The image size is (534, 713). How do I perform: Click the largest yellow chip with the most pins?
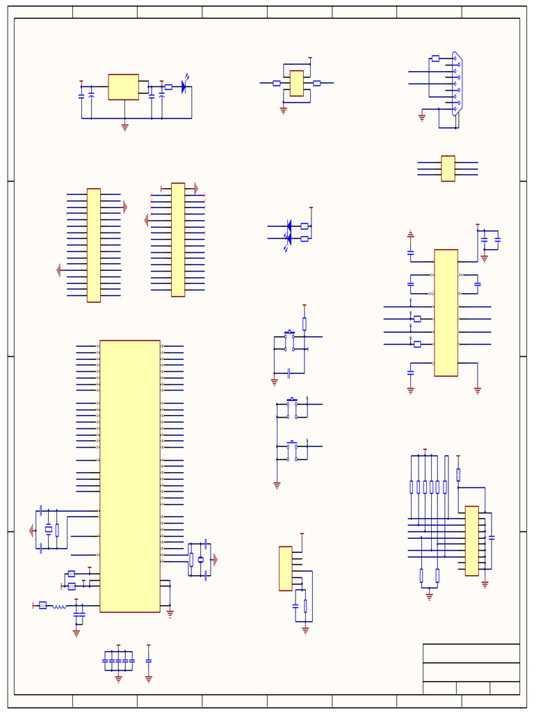[x=130, y=476]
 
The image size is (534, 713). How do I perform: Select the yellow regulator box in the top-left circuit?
[x=123, y=87]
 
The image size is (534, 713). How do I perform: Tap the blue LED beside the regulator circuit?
[x=184, y=87]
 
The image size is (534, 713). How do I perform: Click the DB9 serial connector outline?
[x=457, y=83]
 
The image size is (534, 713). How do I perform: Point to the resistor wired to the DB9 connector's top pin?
[x=435, y=58]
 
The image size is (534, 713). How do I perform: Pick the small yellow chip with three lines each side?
[x=448, y=169]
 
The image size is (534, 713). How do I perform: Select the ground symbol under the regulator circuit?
[x=125, y=127]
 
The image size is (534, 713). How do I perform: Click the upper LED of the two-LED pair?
[x=289, y=226]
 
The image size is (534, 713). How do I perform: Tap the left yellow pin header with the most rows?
[x=93, y=245]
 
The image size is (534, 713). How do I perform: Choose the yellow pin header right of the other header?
[x=178, y=240]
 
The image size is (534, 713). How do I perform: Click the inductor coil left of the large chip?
[x=60, y=606]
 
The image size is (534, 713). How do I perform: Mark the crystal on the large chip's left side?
[x=48, y=530]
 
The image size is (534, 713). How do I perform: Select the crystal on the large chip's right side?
[x=201, y=560]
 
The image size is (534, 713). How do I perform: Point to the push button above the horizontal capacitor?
[x=289, y=341]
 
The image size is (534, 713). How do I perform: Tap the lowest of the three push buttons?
[x=293, y=451]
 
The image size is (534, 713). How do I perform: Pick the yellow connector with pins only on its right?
[x=285, y=568]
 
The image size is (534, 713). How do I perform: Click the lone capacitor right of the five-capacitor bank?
[x=149, y=660]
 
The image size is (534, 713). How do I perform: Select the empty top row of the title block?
[x=471, y=653]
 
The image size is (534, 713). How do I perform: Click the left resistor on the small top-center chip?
[x=276, y=83]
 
